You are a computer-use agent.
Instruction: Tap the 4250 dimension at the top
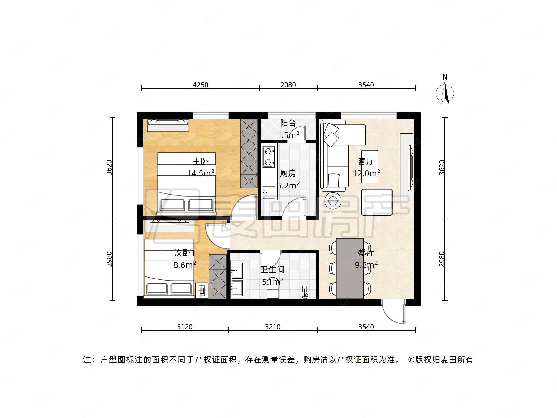(200, 85)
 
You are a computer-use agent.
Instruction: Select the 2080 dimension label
(288, 85)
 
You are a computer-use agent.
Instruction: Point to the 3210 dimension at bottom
(272, 327)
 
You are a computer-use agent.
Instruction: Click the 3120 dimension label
(185, 327)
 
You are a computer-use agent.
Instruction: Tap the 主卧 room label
(200, 161)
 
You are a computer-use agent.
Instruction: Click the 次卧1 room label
(185, 253)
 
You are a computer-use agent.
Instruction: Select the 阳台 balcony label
(288, 123)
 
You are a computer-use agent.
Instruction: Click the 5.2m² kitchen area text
(288, 185)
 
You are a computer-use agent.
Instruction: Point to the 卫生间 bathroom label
(272, 269)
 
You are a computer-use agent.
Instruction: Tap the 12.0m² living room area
(366, 173)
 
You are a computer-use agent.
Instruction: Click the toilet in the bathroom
(272, 290)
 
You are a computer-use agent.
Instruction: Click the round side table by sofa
(333, 200)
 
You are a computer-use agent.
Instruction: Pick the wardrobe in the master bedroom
(249, 153)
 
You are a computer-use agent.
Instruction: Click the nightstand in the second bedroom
(202, 290)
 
